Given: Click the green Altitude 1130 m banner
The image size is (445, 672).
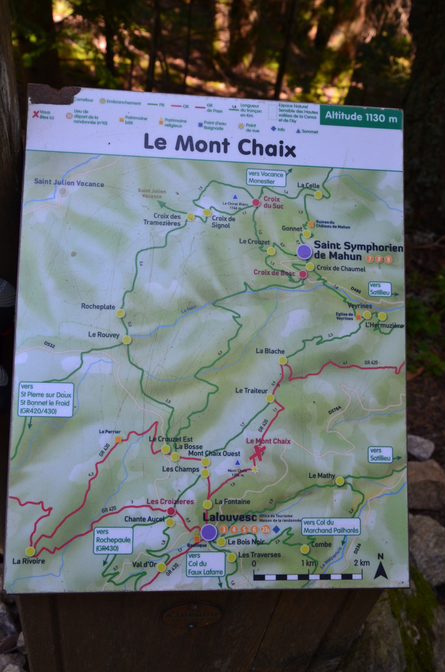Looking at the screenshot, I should click(361, 116).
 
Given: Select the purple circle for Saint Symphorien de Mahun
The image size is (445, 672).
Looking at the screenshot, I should click(304, 251).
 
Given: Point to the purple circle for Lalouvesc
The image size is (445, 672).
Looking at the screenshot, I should click(209, 532).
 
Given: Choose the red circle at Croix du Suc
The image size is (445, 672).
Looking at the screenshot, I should click(256, 202).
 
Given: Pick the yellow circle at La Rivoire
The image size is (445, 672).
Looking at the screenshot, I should click(30, 551).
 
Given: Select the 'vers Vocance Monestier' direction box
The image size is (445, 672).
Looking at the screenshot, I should click(266, 178).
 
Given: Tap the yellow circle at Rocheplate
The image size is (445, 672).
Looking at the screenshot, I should click(120, 313).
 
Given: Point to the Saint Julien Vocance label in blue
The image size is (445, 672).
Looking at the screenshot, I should click(69, 183).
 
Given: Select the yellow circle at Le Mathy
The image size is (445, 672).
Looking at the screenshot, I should click(340, 481).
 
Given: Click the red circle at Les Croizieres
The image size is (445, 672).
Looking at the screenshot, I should click(171, 511).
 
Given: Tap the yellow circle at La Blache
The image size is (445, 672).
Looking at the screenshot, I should click(282, 361).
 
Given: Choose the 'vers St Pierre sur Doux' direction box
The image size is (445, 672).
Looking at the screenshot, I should click(45, 399).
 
